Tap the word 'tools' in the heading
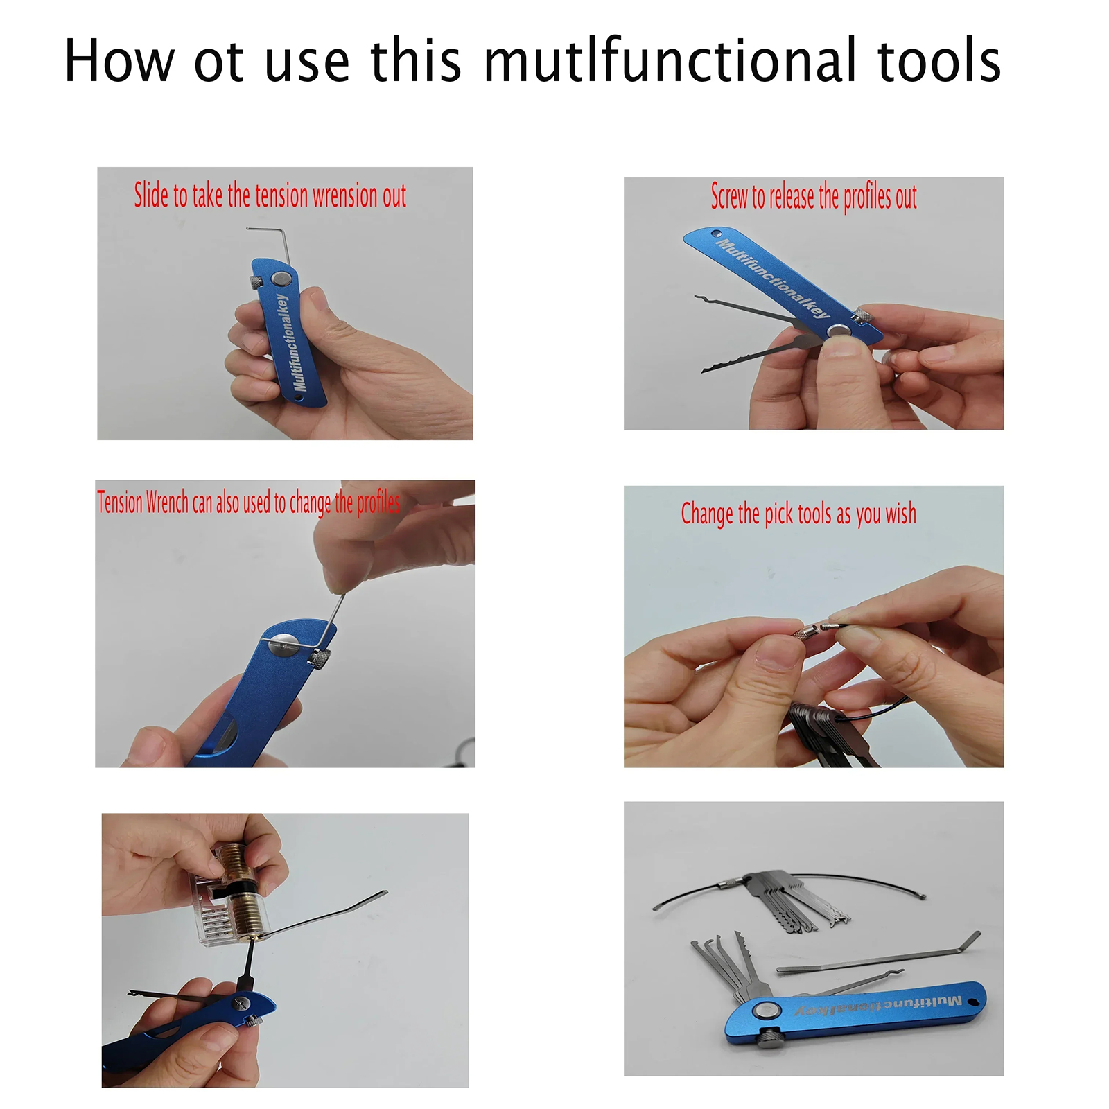click(939, 61)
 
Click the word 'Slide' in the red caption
click(151, 195)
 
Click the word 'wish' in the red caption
click(900, 514)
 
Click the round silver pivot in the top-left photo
click(280, 279)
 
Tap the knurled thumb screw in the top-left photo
click(256, 283)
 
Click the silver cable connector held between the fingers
click(805, 631)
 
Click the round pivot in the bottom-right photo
click(765, 1011)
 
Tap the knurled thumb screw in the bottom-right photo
click(769, 1038)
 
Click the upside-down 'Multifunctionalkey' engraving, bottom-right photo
click(878, 1006)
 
